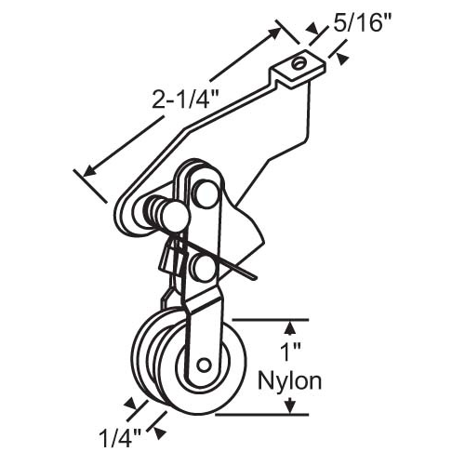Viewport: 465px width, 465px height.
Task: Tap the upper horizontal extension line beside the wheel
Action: coord(270,319)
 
